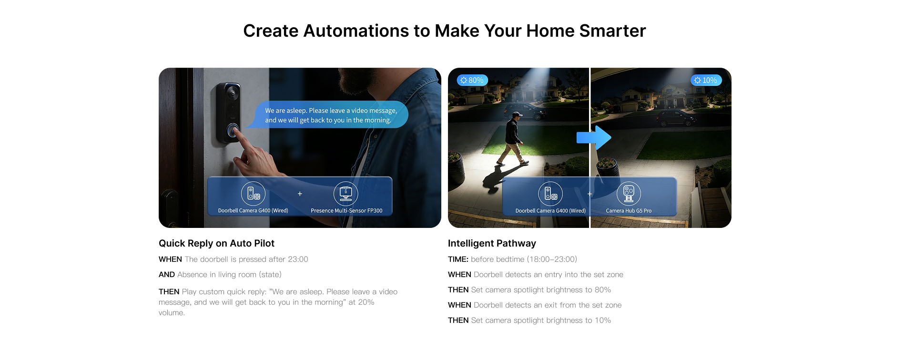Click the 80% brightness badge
click(471, 80)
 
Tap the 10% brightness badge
click(706, 80)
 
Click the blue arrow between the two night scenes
click(594, 138)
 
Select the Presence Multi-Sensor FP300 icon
click(346, 194)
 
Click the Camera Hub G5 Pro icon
click(629, 194)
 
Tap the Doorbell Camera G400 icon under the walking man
click(550, 194)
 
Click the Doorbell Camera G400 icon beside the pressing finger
click(253, 194)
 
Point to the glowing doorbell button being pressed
click(233, 130)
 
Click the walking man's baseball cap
click(516, 115)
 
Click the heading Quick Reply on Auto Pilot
click(216, 243)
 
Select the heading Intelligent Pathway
click(492, 243)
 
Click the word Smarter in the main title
click(612, 31)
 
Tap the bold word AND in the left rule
click(167, 275)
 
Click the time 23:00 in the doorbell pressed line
click(298, 259)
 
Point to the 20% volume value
click(366, 302)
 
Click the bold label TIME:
click(458, 259)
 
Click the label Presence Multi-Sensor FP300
click(346, 211)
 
